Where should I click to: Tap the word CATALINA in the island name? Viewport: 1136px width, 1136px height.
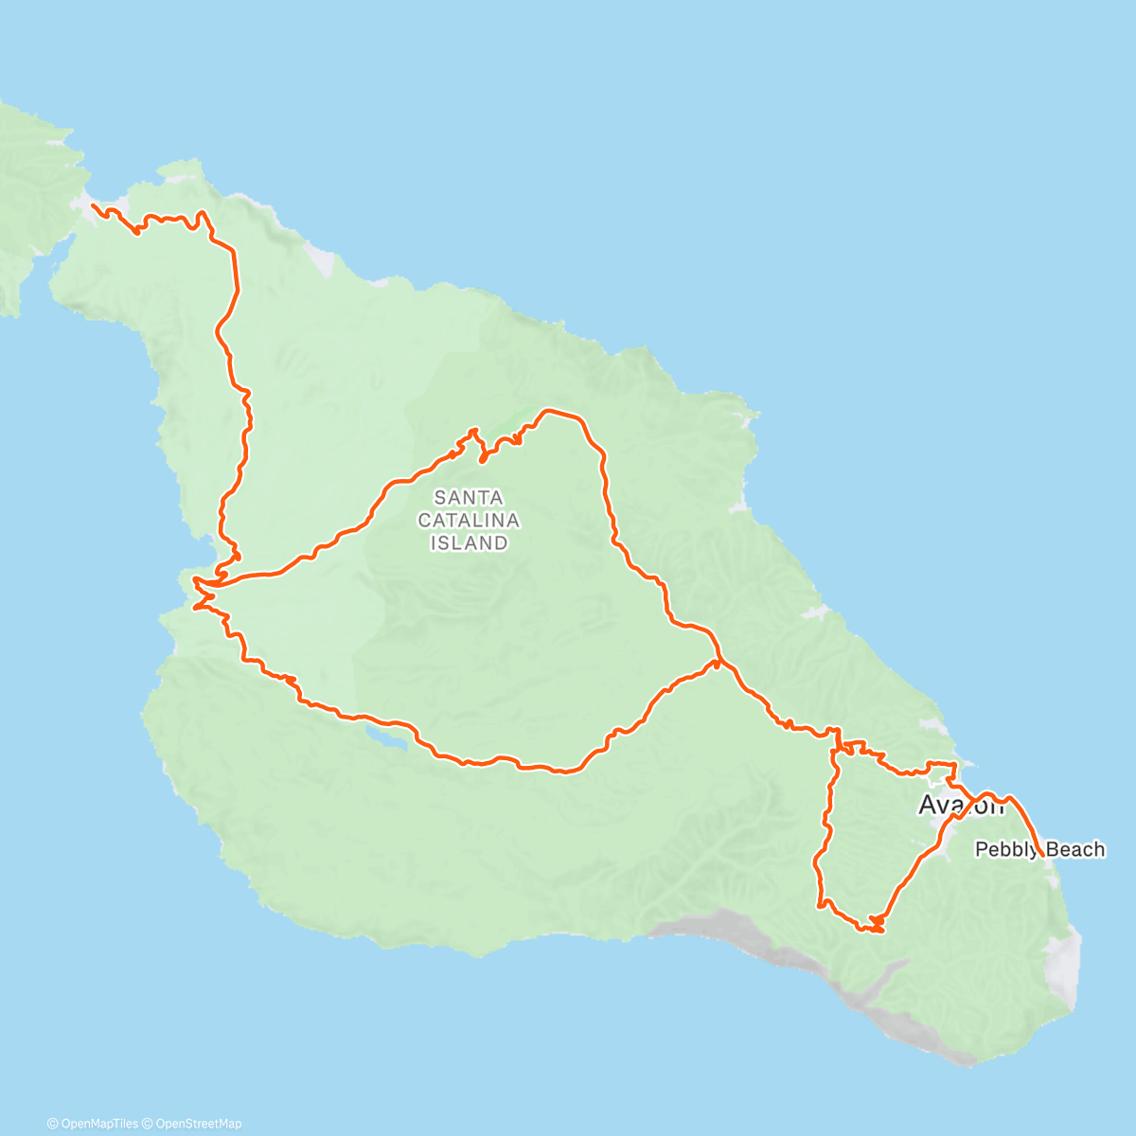click(469, 520)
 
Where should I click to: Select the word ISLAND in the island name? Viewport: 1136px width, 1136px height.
click(469, 542)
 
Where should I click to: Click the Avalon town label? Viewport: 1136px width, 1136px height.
click(960, 806)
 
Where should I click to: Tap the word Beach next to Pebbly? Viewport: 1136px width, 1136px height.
click(1075, 849)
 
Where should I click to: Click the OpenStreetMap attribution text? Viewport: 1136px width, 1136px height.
click(198, 1124)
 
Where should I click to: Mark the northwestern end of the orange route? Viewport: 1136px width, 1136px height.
click(92, 204)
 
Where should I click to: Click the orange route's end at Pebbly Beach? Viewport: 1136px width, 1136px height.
click(1041, 855)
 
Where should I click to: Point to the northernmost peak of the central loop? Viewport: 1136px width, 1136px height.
click(549, 411)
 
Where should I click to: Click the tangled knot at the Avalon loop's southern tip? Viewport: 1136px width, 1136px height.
click(873, 925)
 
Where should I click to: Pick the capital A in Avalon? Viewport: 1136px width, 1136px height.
click(929, 806)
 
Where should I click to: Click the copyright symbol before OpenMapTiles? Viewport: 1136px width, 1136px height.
click(52, 1124)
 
